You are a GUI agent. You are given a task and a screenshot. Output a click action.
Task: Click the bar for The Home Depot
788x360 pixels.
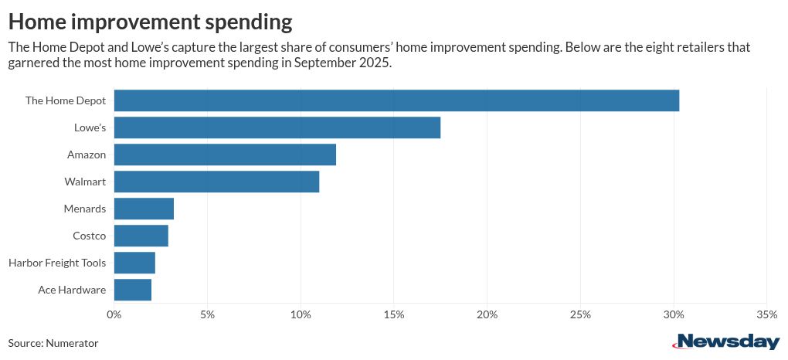pyautogui.click(x=396, y=100)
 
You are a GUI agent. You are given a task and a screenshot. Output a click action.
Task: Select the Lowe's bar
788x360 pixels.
pyautogui.click(x=277, y=127)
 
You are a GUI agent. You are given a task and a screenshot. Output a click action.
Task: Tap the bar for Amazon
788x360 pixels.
pyautogui.click(x=225, y=155)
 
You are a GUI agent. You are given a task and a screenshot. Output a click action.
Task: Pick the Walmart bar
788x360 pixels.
pyautogui.click(x=216, y=182)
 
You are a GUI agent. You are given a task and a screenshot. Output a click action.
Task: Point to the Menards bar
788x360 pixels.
pyautogui.click(x=144, y=209)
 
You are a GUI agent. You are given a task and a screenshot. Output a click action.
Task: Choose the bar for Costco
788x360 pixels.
pyautogui.click(x=141, y=236)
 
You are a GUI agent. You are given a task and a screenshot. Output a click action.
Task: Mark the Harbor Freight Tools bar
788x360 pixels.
pyautogui.click(x=134, y=263)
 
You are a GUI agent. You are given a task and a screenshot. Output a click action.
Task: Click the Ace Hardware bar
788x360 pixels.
pyautogui.click(x=132, y=290)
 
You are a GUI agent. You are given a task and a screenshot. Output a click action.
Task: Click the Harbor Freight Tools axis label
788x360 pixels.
pyautogui.click(x=57, y=263)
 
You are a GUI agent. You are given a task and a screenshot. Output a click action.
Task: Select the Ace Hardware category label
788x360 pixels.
pyautogui.click(x=72, y=290)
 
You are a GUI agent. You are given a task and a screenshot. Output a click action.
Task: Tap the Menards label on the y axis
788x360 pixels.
pyautogui.click(x=85, y=209)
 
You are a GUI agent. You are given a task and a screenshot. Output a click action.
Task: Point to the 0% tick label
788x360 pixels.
pyautogui.click(x=114, y=314)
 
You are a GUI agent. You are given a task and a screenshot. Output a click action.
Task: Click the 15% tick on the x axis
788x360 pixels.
pyautogui.click(x=393, y=314)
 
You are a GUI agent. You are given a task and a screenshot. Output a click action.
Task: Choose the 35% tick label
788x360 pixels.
pyautogui.click(x=766, y=314)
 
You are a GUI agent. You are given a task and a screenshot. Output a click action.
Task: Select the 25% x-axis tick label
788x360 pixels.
pyautogui.click(x=579, y=314)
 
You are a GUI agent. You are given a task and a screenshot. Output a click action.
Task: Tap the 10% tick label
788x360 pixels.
pyautogui.click(x=300, y=314)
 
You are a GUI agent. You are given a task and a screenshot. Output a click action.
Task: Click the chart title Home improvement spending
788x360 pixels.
pyautogui.click(x=150, y=19)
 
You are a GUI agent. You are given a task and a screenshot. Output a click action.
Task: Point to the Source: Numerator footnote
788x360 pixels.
pyautogui.click(x=53, y=342)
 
